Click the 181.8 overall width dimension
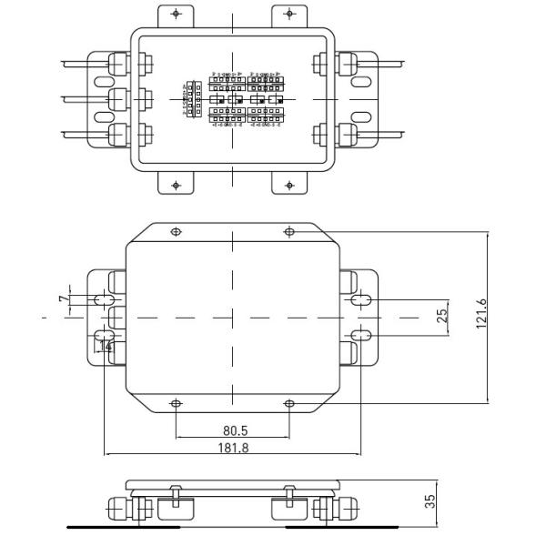tap(232, 447)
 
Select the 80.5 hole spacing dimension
tap(232, 430)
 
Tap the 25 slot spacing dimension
tap(443, 317)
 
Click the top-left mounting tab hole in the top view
tap(176, 15)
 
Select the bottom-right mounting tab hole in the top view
tap(289, 186)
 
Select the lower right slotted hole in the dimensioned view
tap(361, 336)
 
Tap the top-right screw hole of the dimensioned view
tap(289, 231)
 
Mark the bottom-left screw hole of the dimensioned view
tap(176, 403)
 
